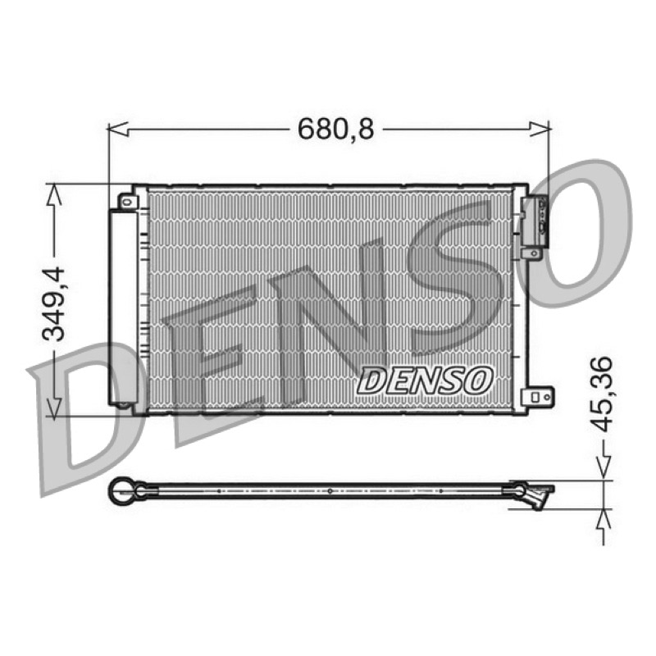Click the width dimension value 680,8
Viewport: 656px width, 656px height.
(x=335, y=130)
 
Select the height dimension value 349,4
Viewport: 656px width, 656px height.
(x=54, y=303)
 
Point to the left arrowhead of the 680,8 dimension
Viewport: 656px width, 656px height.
(x=118, y=130)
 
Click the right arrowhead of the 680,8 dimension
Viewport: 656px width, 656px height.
(x=540, y=129)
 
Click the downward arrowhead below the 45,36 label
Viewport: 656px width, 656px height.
(x=603, y=468)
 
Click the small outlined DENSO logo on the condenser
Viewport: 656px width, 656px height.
(x=425, y=380)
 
